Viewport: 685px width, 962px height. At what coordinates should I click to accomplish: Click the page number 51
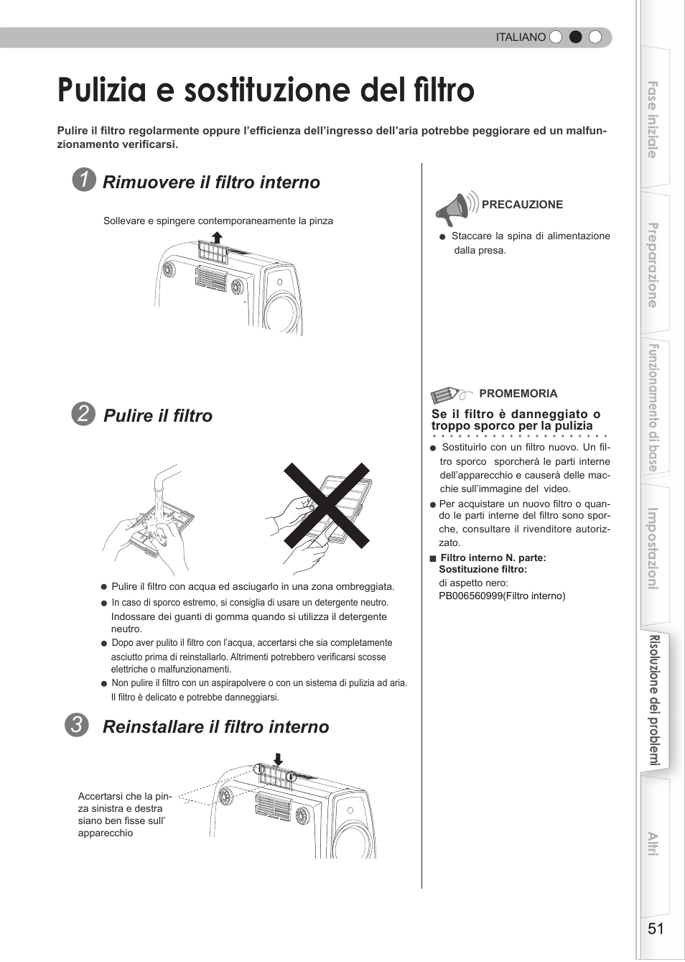click(x=655, y=928)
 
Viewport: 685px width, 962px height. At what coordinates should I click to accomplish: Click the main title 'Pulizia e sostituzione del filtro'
click(x=266, y=91)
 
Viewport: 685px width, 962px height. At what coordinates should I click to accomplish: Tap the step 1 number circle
click(x=84, y=180)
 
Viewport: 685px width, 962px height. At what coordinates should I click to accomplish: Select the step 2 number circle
click(x=83, y=414)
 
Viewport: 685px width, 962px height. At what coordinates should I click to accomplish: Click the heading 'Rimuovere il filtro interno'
click(x=211, y=182)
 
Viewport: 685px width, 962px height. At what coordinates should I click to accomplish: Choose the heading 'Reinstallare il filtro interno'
click(x=215, y=727)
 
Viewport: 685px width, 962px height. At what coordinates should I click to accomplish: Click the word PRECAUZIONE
click(x=522, y=205)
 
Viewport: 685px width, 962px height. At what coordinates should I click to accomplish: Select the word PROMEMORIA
click(x=518, y=394)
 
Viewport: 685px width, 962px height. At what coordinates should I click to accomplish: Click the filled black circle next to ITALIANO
click(x=575, y=37)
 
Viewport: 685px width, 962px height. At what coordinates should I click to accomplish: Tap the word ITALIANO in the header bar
click(x=521, y=37)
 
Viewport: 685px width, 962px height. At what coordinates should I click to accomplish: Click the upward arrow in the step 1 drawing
click(x=217, y=237)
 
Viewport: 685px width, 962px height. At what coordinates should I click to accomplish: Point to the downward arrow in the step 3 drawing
click(x=279, y=759)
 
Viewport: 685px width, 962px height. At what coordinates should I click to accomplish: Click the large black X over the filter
click(x=327, y=505)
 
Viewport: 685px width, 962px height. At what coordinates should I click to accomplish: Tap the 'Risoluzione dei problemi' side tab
click(x=655, y=700)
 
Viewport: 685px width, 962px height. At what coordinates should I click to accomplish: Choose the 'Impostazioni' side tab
click(x=653, y=550)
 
